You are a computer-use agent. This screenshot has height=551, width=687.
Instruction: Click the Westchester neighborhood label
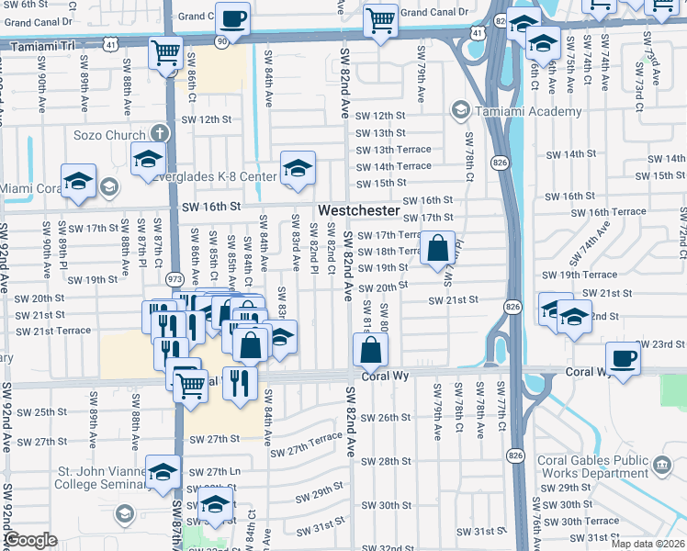click(359, 210)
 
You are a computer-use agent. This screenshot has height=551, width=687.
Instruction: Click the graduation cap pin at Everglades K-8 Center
click(298, 167)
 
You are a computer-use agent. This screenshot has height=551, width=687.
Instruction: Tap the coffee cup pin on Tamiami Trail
click(231, 17)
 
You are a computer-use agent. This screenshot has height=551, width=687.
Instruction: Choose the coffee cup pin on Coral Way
click(623, 356)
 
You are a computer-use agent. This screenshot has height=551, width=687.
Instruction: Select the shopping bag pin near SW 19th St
click(439, 247)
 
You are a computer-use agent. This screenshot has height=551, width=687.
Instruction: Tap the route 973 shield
click(173, 278)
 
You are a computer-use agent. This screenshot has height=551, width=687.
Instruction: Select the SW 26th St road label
click(385, 417)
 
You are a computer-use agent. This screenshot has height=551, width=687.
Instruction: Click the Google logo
click(31, 540)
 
